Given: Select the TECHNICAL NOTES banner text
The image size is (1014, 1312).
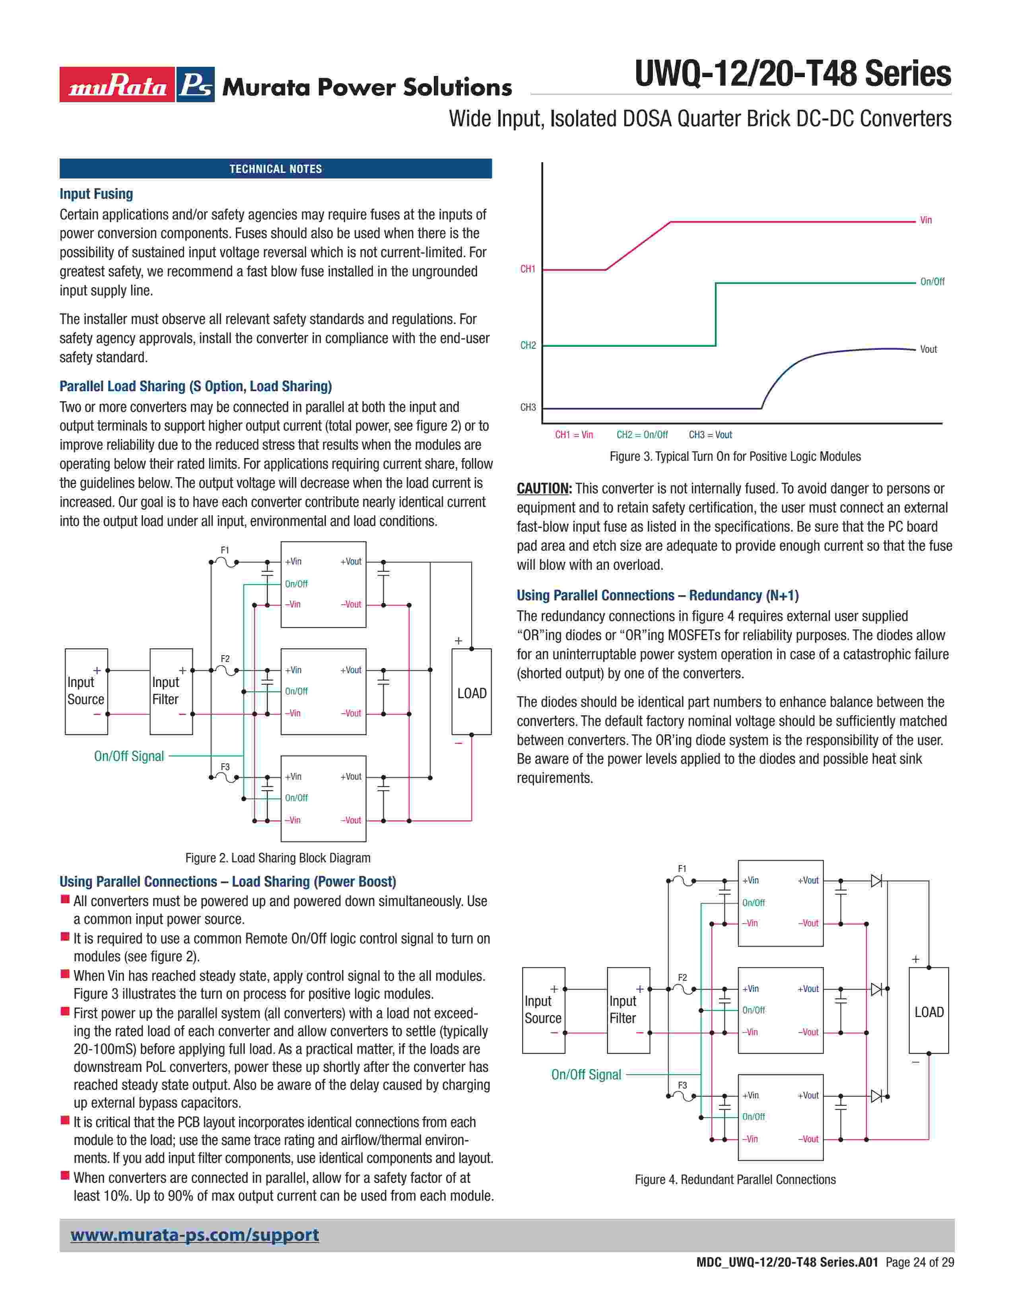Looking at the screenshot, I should point(276,169).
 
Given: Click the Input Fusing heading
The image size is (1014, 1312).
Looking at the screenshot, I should point(96,194).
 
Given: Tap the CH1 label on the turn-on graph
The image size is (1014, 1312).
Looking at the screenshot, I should point(527,269).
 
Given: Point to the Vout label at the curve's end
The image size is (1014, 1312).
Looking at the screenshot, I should point(928,349).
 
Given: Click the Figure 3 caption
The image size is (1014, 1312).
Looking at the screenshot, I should point(735,456).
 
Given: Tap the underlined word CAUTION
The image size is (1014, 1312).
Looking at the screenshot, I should point(544,488).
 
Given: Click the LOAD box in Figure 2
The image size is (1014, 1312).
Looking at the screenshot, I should point(472,692).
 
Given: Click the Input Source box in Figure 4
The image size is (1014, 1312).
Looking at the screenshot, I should point(543,1010).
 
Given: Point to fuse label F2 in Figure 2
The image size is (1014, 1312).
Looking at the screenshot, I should point(225,658).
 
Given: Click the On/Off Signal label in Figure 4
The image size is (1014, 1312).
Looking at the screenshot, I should point(586,1075).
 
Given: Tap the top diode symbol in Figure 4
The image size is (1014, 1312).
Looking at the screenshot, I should point(876,881).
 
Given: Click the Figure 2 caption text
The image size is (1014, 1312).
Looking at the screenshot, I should point(278,858).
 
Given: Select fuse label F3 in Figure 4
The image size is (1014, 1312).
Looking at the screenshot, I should point(682,1085).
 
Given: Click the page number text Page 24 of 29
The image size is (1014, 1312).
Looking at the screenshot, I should point(920,1262).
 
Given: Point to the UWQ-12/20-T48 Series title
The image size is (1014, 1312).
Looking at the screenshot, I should point(793,74).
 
